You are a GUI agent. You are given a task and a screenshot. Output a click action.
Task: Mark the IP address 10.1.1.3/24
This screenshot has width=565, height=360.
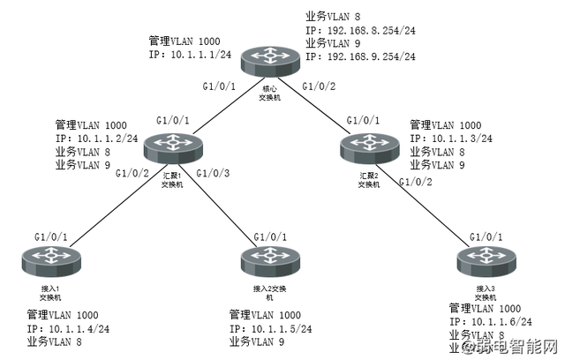(463, 139)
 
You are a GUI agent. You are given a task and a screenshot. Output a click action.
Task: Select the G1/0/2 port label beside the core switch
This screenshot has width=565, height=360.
(320, 86)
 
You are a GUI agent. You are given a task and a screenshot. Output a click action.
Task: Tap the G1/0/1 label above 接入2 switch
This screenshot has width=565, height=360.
(271, 237)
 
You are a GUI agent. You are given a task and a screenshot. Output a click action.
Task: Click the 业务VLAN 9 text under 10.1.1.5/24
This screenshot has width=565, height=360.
(259, 341)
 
